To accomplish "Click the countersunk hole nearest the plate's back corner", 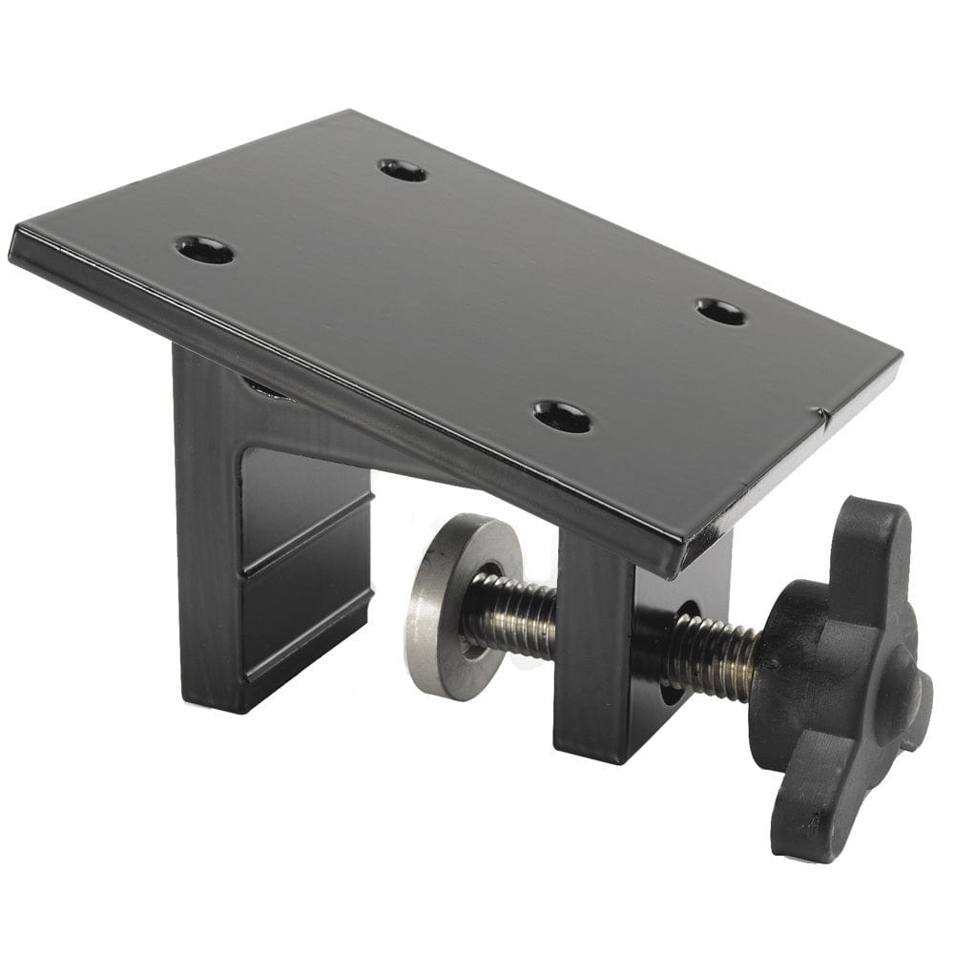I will click(402, 171).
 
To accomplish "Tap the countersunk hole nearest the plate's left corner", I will click(205, 251).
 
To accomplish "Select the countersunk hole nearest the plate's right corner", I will click(721, 311).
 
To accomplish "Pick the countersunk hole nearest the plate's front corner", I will click(561, 415).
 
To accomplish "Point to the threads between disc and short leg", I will click(510, 615).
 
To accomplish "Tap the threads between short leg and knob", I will click(711, 653).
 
